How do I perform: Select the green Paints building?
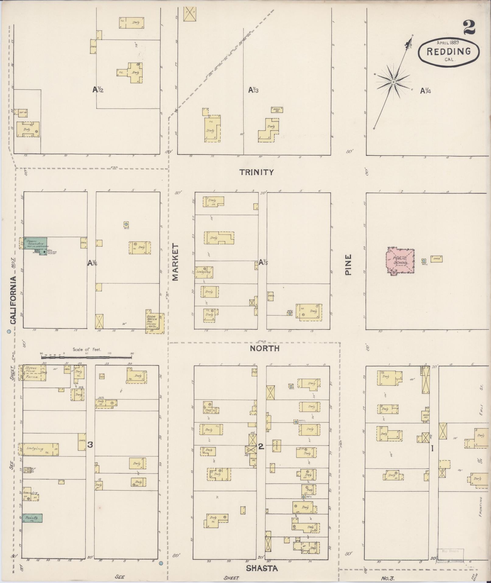tap(32, 518)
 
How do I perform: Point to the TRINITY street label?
tap(256, 172)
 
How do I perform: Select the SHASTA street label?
tap(262, 568)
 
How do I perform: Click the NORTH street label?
tap(265, 348)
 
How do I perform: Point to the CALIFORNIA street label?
tap(13, 300)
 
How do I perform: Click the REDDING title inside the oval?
tap(448, 51)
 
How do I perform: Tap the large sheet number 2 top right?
tap(469, 28)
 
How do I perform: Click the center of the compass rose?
tap(393, 82)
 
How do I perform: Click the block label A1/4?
tap(426, 91)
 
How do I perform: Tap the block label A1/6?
tap(92, 262)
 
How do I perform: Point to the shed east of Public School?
tap(437, 259)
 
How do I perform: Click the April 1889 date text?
tap(448, 42)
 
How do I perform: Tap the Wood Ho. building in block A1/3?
tap(277, 110)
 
